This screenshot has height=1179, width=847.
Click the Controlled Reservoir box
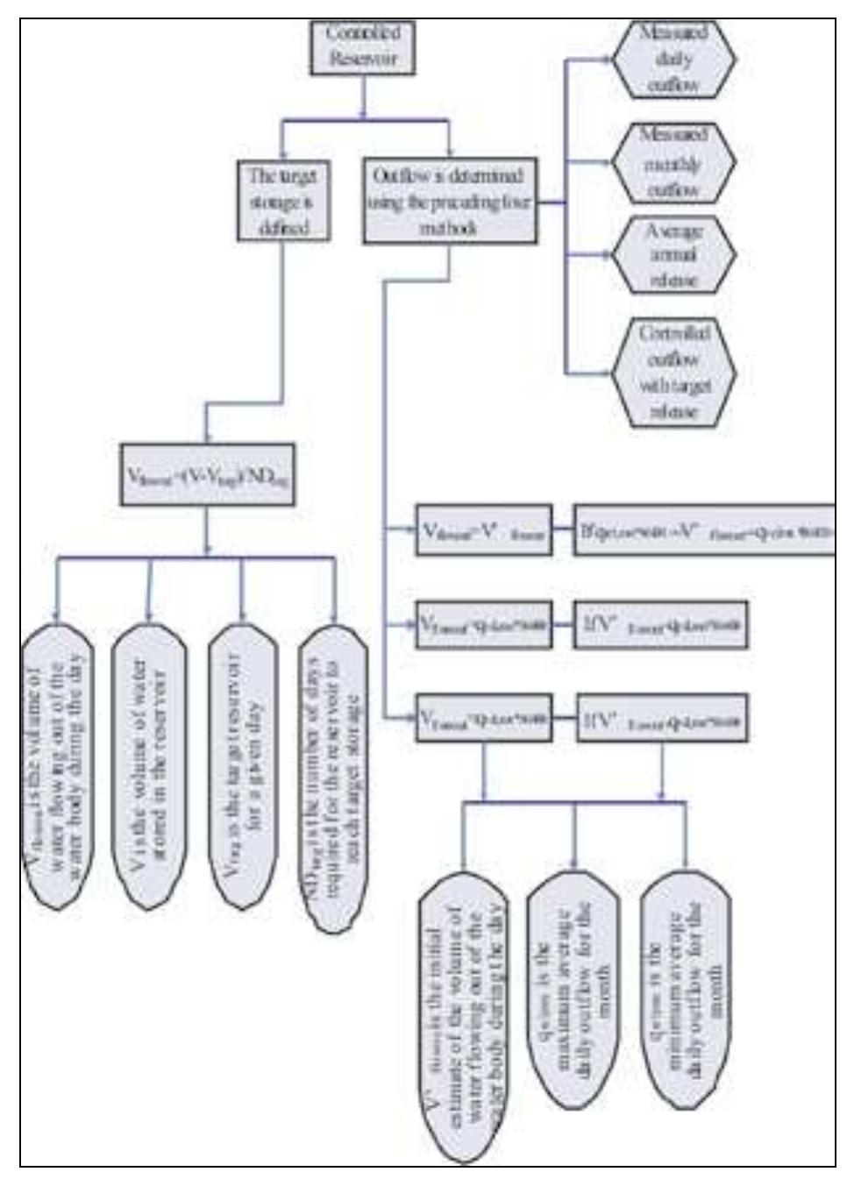(363, 47)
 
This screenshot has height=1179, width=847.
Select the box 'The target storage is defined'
(282, 202)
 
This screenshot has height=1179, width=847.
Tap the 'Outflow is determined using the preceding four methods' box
(449, 202)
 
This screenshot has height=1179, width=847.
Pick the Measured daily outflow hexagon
(673, 60)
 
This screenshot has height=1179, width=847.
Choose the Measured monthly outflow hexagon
(673, 163)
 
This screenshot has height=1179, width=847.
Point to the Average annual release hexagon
(673, 255)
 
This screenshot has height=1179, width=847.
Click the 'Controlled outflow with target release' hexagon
(673, 373)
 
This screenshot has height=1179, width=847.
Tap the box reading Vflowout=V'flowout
(484, 530)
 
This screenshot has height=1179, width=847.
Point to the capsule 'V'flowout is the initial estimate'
(462, 1017)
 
